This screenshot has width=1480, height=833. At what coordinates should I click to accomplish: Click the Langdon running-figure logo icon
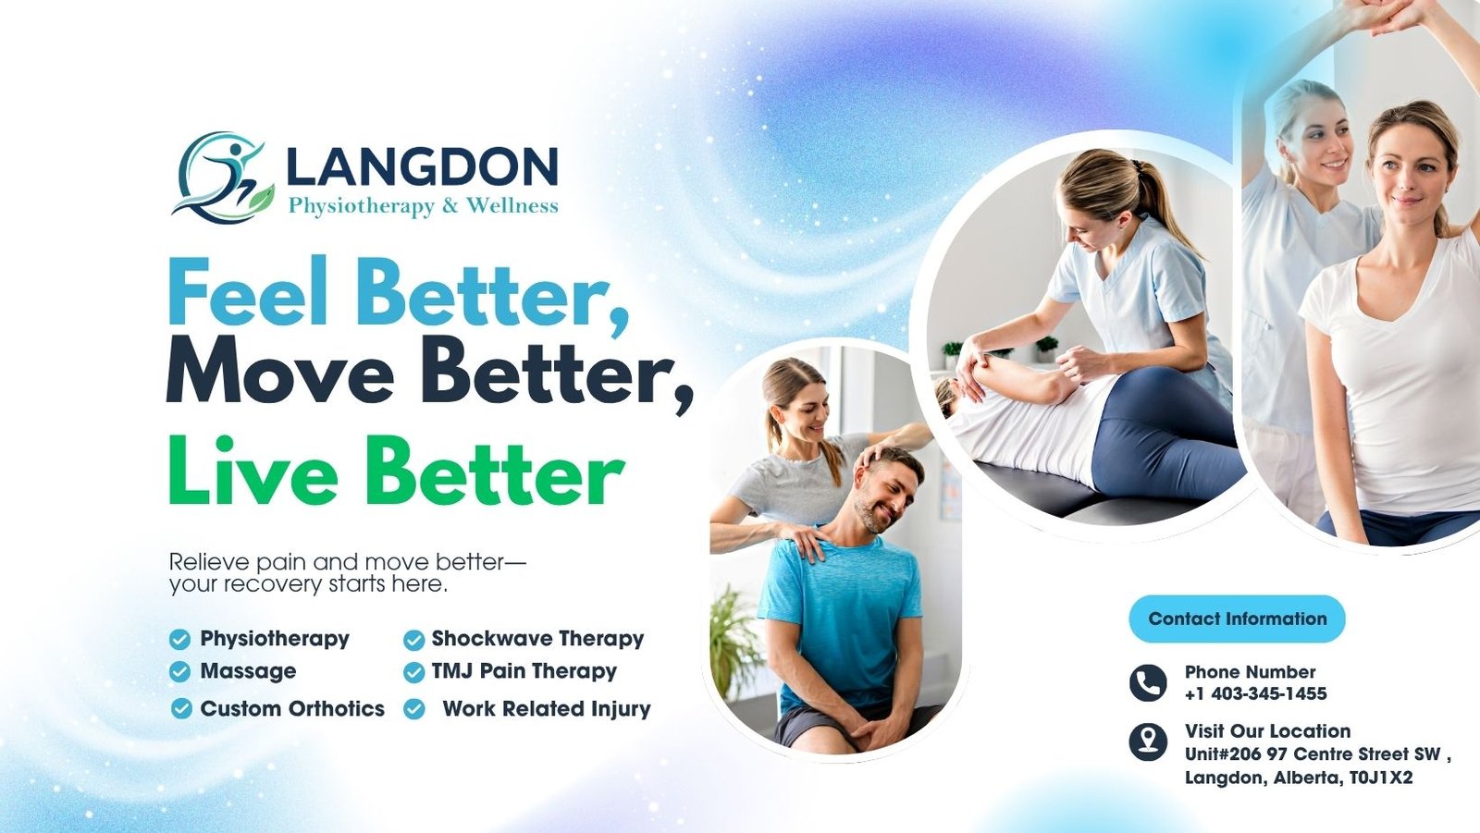pyautogui.click(x=223, y=177)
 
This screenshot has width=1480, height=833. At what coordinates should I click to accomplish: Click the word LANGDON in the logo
pyautogui.click(x=423, y=166)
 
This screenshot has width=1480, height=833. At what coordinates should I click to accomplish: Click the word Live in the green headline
pyautogui.click(x=253, y=470)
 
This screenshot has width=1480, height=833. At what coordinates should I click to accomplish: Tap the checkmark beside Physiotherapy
pyautogui.click(x=179, y=640)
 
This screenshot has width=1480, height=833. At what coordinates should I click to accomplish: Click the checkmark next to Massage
pyautogui.click(x=179, y=672)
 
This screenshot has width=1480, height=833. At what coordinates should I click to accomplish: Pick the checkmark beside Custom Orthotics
pyautogui.click(x=181, y=709)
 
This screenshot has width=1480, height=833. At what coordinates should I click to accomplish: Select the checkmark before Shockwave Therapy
pyautogui.click(x=414, y=640)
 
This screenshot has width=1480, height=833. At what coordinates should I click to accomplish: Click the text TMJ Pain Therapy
pyautogui.click(x=524, y=671)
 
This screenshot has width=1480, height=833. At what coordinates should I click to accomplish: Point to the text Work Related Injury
pyautogui.click(x=547, y=709)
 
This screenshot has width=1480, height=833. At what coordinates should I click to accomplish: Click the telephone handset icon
pyautogui.click(x=1148, y=683)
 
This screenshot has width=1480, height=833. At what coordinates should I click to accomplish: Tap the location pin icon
pyautogui.click(x=1148, y=741)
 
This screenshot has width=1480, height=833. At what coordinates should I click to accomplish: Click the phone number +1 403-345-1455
pyautogui.click(x=1255, y=693)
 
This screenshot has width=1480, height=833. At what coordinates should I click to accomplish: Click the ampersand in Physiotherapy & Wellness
pyautogui.click(x=450, y=206)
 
